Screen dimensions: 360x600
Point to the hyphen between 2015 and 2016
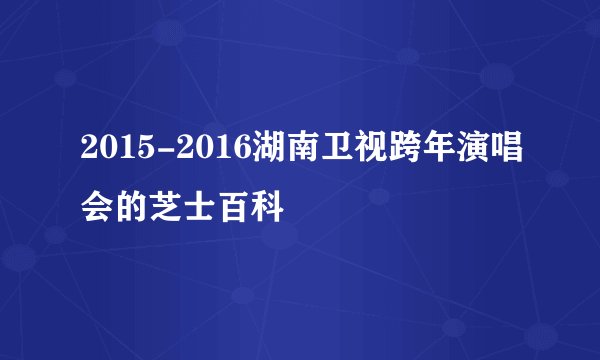pyautogui.click(x=162, y=154)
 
